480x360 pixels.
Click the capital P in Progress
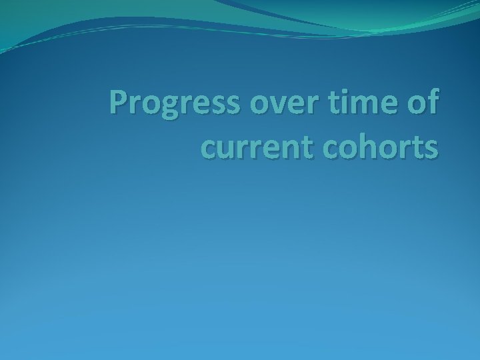[x=120, y=103]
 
